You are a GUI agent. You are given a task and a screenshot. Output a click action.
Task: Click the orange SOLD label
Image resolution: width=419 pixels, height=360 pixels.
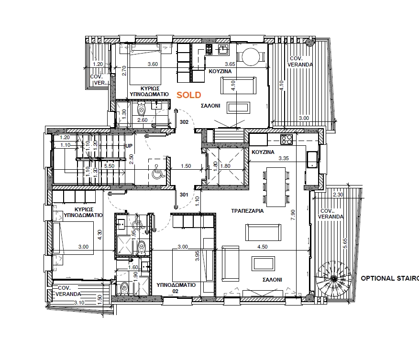click(188, 95)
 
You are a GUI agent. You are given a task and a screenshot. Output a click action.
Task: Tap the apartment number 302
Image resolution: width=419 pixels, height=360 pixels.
click(184, 122)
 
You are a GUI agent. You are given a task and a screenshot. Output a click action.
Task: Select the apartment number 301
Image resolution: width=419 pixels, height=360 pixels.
click(184, 195)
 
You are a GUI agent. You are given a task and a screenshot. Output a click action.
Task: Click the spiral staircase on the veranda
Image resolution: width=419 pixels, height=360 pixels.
click(333, 279)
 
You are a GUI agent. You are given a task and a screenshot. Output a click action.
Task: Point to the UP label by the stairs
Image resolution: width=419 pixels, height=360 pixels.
click(129, 146)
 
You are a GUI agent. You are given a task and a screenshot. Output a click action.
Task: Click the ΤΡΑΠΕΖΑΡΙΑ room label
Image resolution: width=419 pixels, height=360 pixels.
click(247, 211)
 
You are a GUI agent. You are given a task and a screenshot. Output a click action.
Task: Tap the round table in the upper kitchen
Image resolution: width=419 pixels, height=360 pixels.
click(251, 56)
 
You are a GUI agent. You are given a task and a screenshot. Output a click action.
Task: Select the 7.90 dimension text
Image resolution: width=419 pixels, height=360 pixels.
click(293, 215)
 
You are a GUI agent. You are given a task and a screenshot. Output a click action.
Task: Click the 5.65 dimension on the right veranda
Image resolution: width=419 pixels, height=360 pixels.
click(345, 243)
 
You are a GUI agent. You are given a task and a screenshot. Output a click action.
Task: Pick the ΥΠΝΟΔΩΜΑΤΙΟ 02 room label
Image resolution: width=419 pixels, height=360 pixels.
click(176, 288)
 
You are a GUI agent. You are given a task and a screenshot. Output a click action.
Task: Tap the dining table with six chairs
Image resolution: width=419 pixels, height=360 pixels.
click(276, 187)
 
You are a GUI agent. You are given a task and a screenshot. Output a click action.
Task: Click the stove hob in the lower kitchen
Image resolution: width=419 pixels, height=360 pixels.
click(287, 140)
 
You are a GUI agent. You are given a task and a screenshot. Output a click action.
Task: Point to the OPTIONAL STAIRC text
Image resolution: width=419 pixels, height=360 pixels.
click(390, 278)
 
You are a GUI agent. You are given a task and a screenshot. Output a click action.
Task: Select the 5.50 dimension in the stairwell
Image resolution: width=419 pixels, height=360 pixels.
click(109, 166)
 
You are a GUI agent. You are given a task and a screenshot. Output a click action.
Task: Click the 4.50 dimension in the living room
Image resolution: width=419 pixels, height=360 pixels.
click(263, 247)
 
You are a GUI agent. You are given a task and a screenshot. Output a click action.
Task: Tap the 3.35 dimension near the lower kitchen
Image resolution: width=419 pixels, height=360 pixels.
click(284, 158)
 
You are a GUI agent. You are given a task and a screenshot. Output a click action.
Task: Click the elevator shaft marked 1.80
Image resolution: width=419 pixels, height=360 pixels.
click(226, 166)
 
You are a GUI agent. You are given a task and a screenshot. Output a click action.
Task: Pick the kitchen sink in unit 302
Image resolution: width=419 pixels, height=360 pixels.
click(223, 49)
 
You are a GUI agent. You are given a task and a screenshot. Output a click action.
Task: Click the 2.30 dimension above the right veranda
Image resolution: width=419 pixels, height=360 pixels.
click(338, 195)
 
